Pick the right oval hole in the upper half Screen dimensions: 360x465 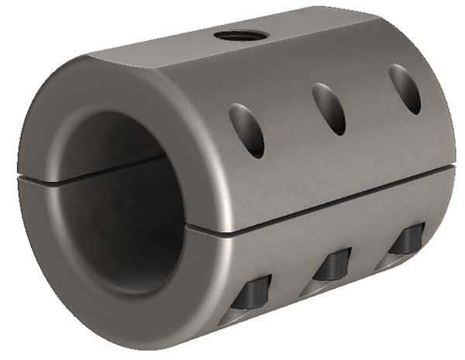pyautogui.click(x=405, y=88)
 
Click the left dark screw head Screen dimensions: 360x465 pyautogui.click(x=256, y=292)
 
